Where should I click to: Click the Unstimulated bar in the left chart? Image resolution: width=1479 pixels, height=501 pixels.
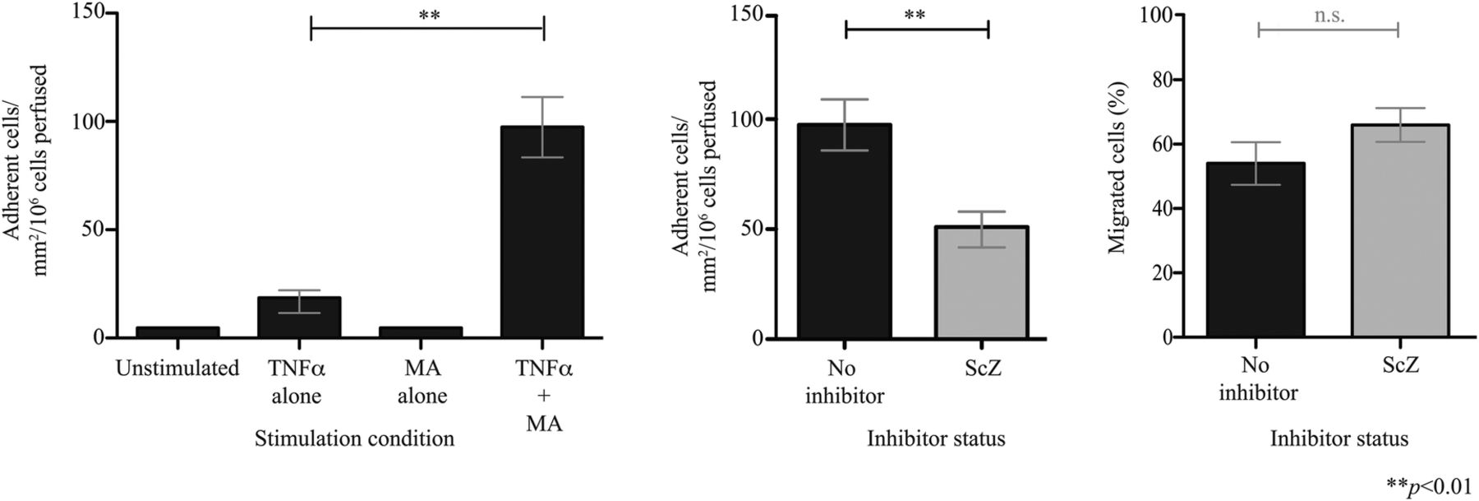[x=177, y=332]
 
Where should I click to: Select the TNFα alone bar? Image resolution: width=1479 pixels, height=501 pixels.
[x=299, y=318]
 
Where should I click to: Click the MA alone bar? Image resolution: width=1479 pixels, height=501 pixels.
[x=421, y=332]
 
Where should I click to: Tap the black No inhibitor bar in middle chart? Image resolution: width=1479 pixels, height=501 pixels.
[x=845, y=231]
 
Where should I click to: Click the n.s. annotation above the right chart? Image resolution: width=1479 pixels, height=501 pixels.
[x=1329, y=16]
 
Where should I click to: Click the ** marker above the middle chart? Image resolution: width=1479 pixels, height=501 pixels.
[x=915, y=16]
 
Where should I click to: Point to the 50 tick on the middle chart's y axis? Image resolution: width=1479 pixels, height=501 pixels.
[x=749, y=229]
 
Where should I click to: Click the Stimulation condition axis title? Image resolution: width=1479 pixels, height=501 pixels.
[x=354, y=438]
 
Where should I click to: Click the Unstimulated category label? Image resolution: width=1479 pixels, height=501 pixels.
[x=177, y=369]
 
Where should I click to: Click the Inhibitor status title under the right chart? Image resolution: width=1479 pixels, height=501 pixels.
[x=1339, y=438]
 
